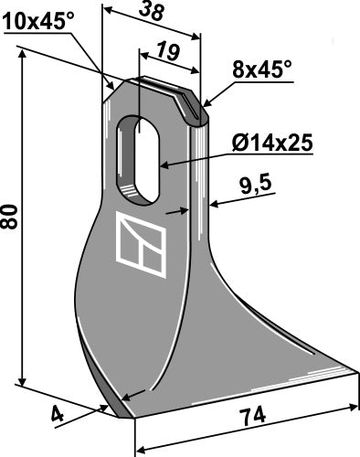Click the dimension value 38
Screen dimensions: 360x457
pos(152,12)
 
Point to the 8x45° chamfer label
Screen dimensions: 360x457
pos(262,69)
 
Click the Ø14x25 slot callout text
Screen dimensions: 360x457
pos(272,143)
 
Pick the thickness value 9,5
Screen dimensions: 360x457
pos(255,186)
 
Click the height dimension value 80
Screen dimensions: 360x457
pos(9,217)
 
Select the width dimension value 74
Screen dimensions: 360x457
pos(251,417)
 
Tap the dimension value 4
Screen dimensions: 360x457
pos(58,416)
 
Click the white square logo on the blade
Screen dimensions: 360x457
pos(141,245)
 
